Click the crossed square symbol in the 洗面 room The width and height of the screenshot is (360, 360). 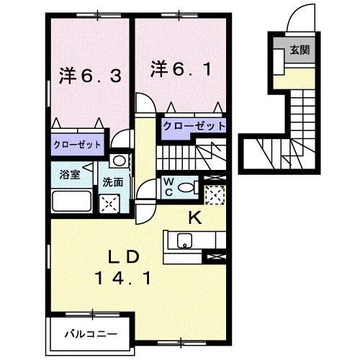tap(110, 203)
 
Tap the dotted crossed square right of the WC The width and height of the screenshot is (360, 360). tap(213, 194)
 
